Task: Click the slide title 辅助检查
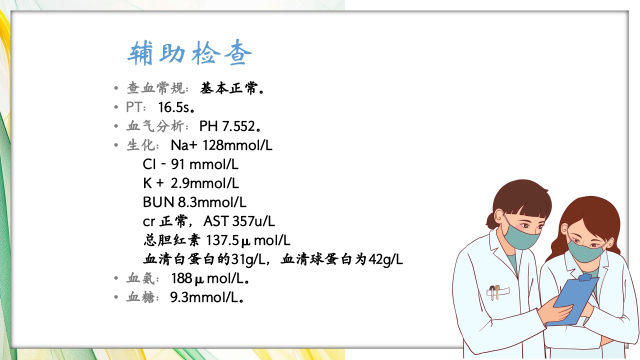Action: click(x=189, y=53)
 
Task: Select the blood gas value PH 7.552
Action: click(x=227, y=126)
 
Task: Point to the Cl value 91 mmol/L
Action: click(x=204, y=164)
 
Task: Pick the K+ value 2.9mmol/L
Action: click(x=204, y=183)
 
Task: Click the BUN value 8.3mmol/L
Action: click(x=212, y=202)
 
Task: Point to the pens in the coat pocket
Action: click(x=495, y=292)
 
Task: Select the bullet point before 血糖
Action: click(x=116, y=297)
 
